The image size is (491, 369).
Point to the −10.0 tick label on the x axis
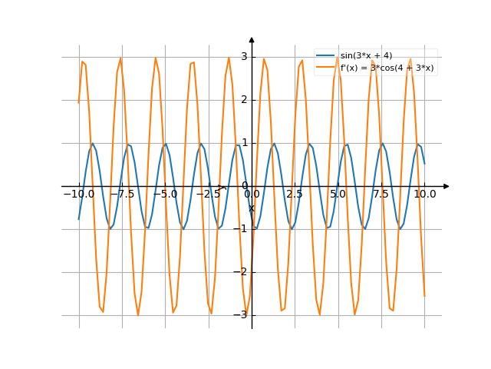point(78,194)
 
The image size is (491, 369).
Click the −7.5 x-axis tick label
point(122,194)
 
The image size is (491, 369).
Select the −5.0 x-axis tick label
point(165,194)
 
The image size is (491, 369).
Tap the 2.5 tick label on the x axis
point(295,194)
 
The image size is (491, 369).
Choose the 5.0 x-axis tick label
point(338,194)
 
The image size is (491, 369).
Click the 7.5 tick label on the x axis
point(381,194)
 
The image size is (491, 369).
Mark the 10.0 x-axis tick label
point(424,194)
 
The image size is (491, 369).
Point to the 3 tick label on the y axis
point(243,56)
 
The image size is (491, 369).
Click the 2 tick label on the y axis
point(243,99)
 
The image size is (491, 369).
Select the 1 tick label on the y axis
point(243,142)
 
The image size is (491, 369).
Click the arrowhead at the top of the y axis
point(252,39)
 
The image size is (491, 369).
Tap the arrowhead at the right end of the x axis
point(447,186)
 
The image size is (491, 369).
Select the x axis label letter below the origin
point(251,207)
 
